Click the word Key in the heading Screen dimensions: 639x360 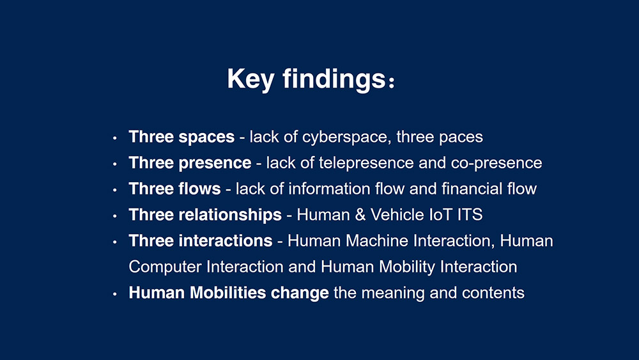tap(250, 79)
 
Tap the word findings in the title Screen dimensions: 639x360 tap(334, 78)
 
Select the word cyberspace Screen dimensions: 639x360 tap(347, 137)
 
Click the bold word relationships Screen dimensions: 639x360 tap(230, 215)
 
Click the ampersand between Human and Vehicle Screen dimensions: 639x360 tap(360, 215)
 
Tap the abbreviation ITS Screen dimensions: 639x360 tap(470, 215)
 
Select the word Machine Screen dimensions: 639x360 tap(377, 241)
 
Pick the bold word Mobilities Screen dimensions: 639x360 tap(228, 293)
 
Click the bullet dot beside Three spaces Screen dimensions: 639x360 tap(115, 138)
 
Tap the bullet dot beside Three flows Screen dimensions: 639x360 tap(115, 190)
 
